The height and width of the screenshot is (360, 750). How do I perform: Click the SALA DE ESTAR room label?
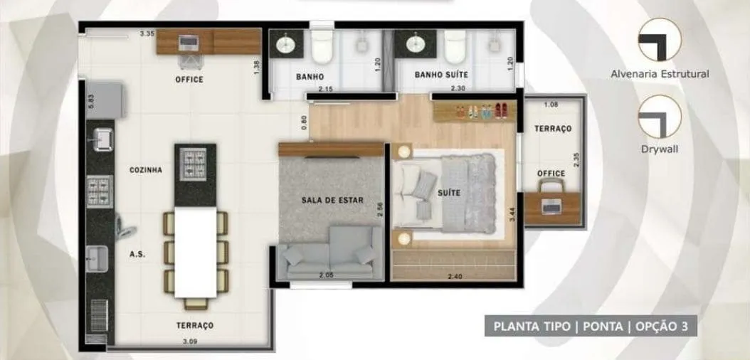click(332, 201)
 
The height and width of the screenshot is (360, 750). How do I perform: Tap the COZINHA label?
click(145, 170)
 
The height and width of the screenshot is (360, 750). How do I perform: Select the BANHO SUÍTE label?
click(441, 75)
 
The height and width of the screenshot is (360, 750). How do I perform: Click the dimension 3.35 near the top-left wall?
click(147, 34)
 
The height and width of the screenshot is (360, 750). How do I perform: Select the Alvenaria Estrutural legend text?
click(660, 74)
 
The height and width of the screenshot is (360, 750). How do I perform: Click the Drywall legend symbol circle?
click(660, 116)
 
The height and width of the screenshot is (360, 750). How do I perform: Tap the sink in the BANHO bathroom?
click(287, 44)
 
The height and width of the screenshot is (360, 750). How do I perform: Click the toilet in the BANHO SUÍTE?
click(455, 46)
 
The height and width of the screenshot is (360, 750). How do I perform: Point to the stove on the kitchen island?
click(193, 164)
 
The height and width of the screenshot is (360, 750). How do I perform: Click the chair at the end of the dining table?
click(196, 304)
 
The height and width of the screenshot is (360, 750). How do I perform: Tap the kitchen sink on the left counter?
click(103, 139)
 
